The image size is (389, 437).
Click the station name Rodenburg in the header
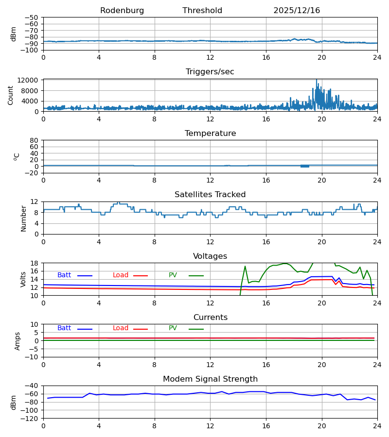point(122,11)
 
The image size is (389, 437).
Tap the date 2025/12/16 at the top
point(297,11)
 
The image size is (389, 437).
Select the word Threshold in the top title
point(202,11)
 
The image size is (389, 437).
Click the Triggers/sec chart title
point(210,72)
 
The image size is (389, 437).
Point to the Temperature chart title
point(210,134)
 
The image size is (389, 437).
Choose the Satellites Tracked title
point(210,195)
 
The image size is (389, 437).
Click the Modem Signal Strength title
point(210,379)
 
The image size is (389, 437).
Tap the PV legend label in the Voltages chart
point(173,275)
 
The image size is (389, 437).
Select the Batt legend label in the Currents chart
point(64,328)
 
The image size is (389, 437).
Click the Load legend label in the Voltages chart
point(121,275)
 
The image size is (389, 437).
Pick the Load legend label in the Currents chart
point(121,328)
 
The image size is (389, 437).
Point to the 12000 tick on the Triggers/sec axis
point(31,80)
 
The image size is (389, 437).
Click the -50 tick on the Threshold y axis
point(34,17)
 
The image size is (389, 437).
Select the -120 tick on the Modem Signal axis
point(32,418)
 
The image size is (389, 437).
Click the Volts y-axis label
point(23,279)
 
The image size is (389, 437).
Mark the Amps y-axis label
point(18,341)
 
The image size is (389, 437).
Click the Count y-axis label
point(11,95)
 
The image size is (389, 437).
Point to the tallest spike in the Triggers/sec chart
point(316,80)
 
